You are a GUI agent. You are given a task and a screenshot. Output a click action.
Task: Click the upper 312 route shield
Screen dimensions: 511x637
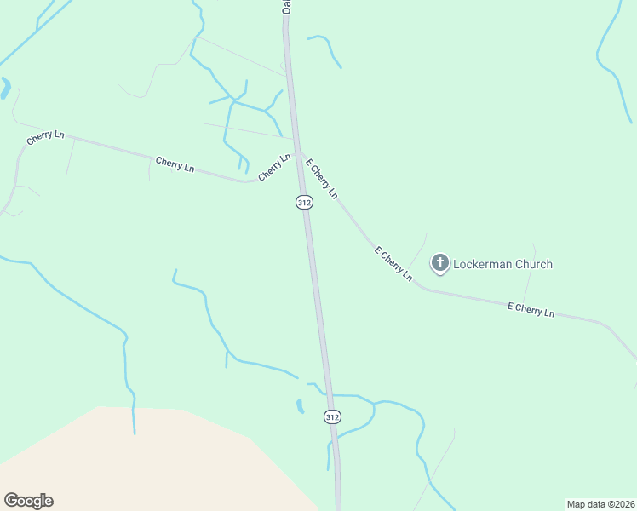point(305,202)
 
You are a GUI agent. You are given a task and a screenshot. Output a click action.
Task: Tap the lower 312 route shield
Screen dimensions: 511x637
point(332,416)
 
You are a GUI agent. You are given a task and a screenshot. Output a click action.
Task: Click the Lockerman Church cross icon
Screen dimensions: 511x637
point(440,263)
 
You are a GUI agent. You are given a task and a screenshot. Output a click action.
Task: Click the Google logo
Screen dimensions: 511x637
point(28,501)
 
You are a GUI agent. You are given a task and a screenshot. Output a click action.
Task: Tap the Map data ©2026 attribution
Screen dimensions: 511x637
point(600,504)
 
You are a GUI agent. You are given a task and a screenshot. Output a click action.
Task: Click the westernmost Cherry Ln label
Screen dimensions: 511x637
point(45,137)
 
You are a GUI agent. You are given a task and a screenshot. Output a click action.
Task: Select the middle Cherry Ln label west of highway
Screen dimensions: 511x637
point(175,164)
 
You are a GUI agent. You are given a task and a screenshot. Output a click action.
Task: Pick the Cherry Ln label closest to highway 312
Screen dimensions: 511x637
point(274,165)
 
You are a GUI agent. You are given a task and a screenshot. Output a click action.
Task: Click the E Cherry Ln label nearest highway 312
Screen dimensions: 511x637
point(321,179)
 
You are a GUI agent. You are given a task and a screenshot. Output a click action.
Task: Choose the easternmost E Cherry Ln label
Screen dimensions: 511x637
point(531,310)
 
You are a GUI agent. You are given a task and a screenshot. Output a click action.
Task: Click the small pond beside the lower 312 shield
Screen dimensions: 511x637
point(300,406)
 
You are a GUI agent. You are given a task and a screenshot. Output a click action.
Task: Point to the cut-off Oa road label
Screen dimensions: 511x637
point(287,6)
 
